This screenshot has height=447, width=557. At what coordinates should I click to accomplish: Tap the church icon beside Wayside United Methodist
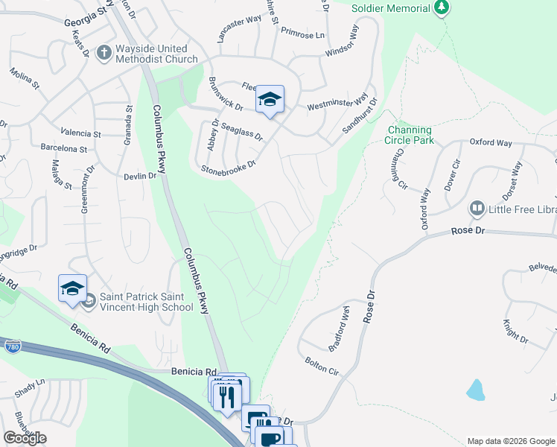(x=104, y=53)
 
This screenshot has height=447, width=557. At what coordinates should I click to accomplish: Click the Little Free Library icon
(x=476, y=208)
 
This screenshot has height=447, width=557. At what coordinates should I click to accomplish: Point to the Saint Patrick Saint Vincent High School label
(x=136, y=302)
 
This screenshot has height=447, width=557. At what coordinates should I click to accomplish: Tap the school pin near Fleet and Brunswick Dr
(x=270, y=100)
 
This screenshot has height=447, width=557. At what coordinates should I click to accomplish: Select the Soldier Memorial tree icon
(x=442, y=7)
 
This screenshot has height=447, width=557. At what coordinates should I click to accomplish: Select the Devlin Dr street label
(x=141, y=176)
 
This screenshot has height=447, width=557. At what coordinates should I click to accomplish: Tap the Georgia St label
(x=86, y=13)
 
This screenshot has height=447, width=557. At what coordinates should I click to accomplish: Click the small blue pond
(x=474, y=390)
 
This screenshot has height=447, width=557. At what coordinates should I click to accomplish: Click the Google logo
(x=25, y=438)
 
